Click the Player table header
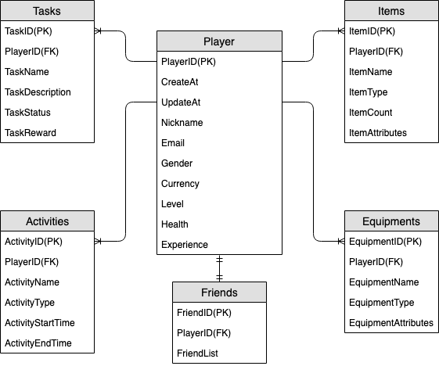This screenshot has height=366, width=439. coord(219,41)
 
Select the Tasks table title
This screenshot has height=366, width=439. coord(48,12)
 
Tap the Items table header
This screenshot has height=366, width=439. coord(391,12)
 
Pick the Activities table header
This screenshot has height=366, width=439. coord(48,221)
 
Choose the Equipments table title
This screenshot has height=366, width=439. coord(391,221)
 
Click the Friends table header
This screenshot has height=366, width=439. coord(219,292)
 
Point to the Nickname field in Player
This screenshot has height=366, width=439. coord(182,123)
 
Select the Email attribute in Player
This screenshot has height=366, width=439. coord(173,143)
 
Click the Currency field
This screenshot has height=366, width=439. coord(180,184)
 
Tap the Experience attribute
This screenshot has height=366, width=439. coord(185,245)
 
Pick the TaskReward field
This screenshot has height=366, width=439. coord(31,133)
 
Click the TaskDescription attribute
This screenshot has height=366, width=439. coord(38,92)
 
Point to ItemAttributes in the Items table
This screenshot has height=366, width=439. coord(378,133)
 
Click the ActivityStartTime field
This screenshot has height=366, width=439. coord(40,323)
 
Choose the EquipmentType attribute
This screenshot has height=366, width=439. coord(382,303)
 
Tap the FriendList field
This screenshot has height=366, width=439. coord(197,353)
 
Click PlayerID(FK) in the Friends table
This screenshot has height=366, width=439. coord(203,333)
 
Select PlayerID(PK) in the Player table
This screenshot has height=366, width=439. coord(188,62)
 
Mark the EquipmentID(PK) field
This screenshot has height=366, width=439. coord(385,242)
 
